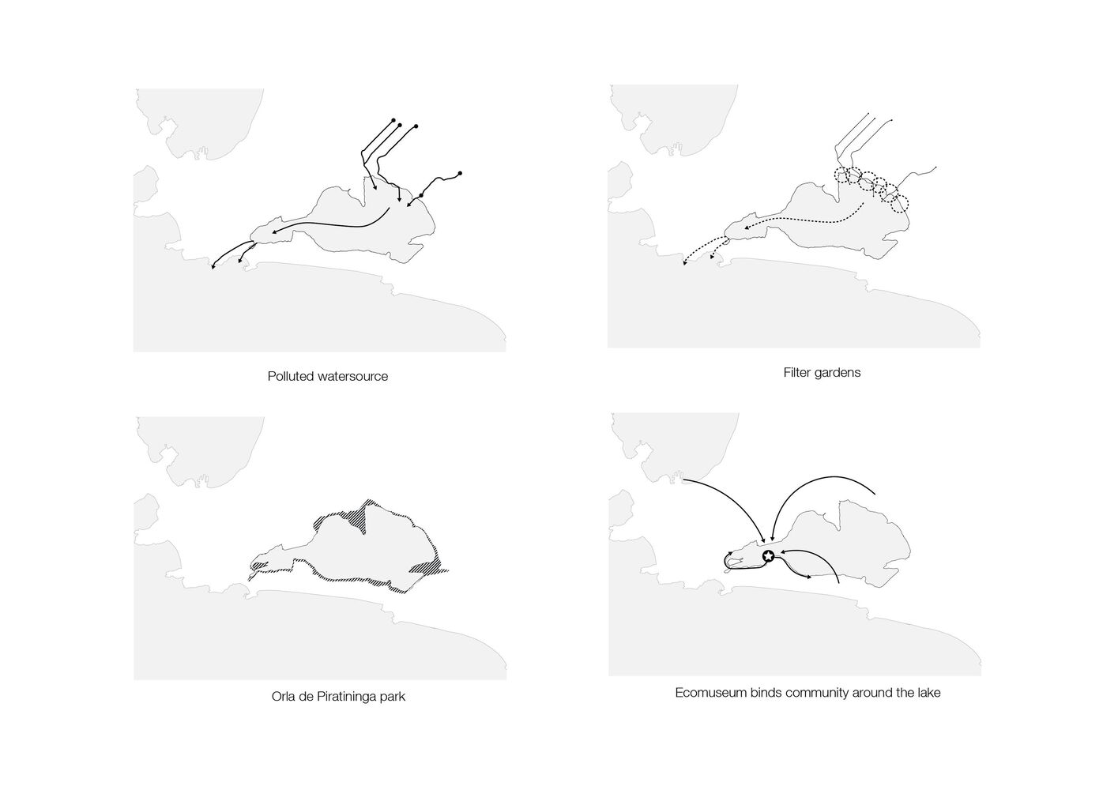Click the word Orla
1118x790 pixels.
[283, 696]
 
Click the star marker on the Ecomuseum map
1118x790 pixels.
[769, 555]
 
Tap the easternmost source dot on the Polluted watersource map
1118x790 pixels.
[460, 173]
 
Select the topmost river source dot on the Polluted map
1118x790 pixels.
[393, 120]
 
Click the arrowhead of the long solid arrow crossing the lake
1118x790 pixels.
[274, 232]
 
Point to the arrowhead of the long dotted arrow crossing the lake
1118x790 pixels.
[746, 228]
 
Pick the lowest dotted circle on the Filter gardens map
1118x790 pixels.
[899, 204]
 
